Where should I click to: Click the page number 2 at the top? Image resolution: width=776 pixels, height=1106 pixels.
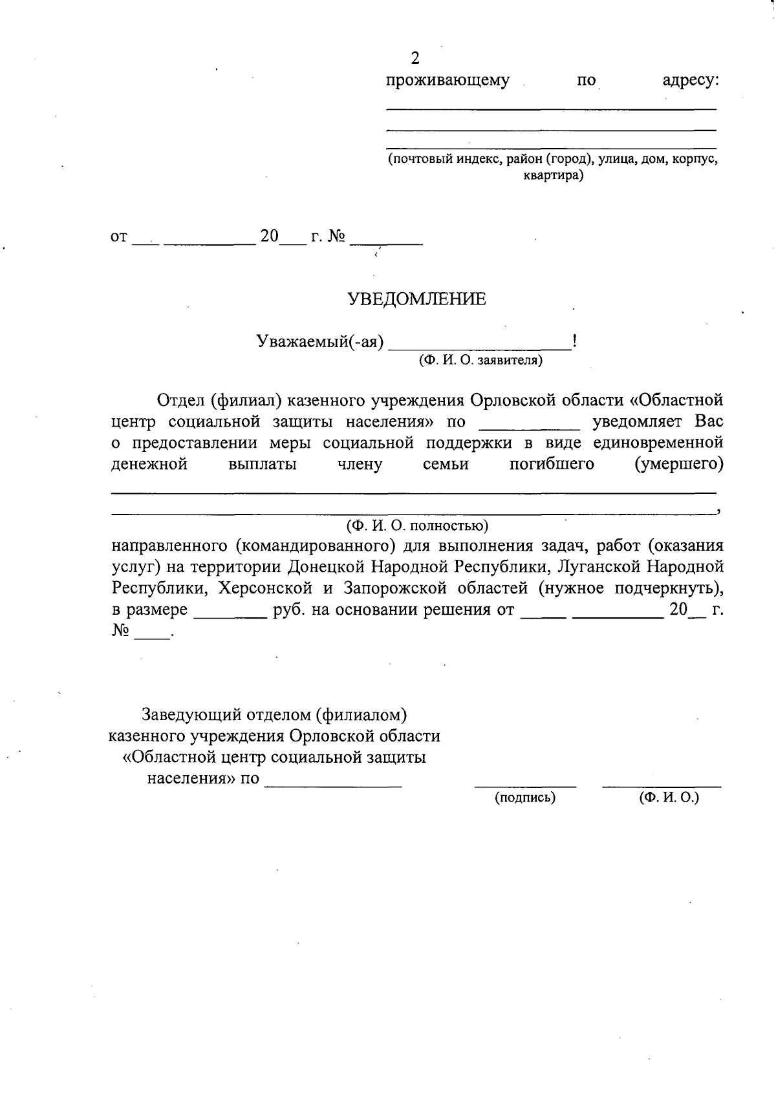coord(415,59)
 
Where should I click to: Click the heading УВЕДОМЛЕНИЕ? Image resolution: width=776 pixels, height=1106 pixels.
coord(417,299)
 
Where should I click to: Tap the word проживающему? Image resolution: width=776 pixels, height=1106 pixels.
coord(447,81)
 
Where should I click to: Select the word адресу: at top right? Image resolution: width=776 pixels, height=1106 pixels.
coord(691,81)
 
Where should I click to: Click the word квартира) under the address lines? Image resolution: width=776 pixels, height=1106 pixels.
coord(553,175)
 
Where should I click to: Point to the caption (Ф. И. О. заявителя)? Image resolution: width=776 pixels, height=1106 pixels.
coord(480,361)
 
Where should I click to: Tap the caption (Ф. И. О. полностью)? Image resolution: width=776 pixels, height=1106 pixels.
coord(417,524)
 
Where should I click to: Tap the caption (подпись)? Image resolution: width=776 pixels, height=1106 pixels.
coord(525,798)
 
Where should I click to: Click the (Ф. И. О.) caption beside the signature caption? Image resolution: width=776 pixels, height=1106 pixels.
coord(669,798)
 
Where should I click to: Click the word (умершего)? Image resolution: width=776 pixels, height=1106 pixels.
coord(679,464)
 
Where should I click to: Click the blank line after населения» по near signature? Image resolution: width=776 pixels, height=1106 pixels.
coord(334,783)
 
